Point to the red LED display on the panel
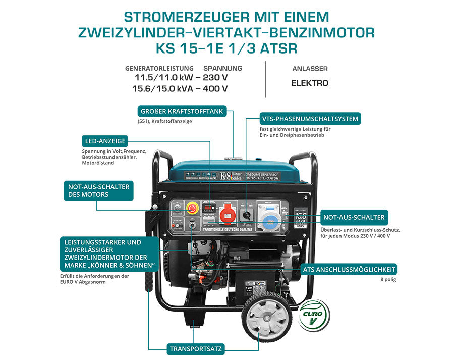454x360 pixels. [x=209, y=207]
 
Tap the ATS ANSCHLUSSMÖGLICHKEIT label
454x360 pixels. [x=349, y=269]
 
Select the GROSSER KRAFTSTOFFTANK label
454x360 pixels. [x=182, y=111]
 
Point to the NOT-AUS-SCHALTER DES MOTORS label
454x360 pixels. [x=98, y=190]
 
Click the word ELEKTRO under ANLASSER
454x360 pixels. [x=310, y=83]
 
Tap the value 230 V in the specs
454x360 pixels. [x=217, y=78]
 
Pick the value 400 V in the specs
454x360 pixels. [x=217, y=89]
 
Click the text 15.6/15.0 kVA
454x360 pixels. [x=161, y=89]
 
